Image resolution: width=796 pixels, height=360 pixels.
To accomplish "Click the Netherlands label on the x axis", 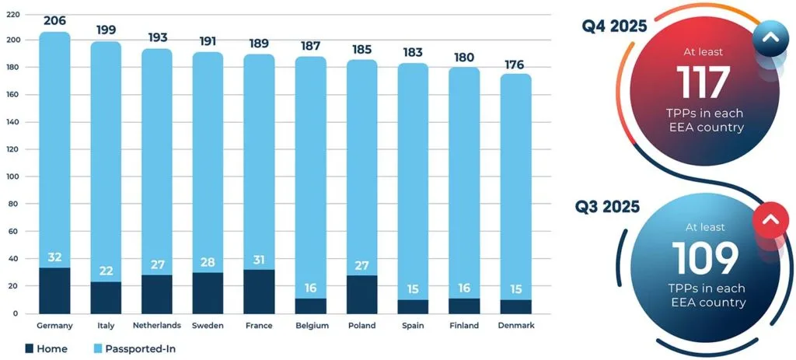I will [x=156, y=326].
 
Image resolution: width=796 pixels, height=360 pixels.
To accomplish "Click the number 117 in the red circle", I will [x=703, y=82].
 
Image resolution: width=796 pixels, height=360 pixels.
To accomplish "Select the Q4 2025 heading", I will [x=614, y=27].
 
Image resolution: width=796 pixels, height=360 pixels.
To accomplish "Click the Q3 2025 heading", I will [x=607, y=207].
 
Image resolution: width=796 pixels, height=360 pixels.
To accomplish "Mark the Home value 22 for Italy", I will [x=106, y=270].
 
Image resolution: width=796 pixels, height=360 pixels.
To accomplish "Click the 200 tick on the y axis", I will [x=11, y=40].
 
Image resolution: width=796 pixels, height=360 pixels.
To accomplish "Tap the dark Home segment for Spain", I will [x=412, y=306].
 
